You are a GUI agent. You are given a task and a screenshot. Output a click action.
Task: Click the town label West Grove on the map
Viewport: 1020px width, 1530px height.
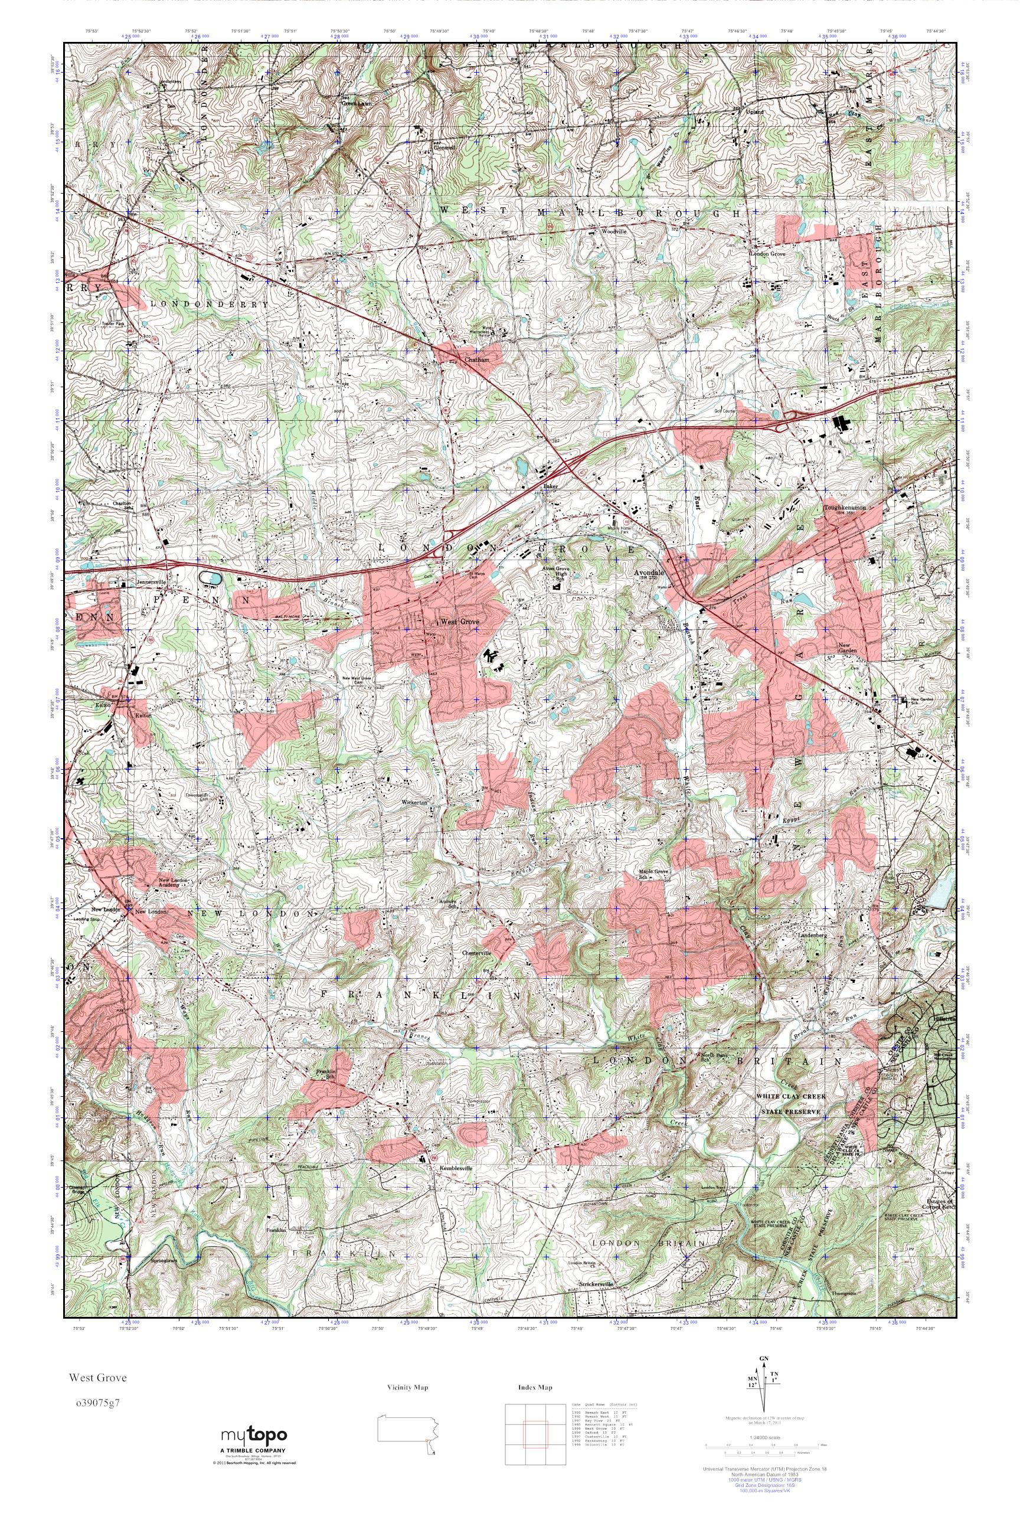coord(460,623)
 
